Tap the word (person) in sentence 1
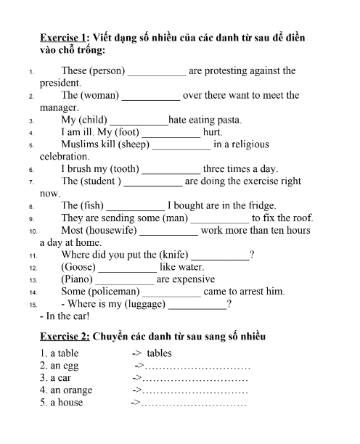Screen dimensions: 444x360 pyautogui.click(x=107, y=71)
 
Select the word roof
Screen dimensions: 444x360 pyautogui.click(x=302, y=218)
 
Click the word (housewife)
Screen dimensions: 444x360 pyautogui.click(x=110, y=231)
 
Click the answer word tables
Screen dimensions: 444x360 pyautogui.click(x=159, y=354)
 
